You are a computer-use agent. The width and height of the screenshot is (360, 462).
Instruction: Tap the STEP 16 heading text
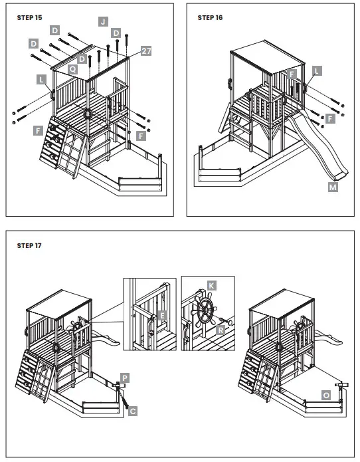pyautogui.click(x=210, y=17)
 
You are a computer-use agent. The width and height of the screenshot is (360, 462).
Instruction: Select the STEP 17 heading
pyautogui.click(x=29, y=245)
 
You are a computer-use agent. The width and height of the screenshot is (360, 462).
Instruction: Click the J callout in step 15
pyautogui.click(x=103, y=21)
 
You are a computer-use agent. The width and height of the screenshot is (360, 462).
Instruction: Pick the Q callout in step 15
pyautogui.click(x=72, y=68)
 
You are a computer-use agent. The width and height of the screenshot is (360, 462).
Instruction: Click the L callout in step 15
pyautogui.click(x=42, y=79)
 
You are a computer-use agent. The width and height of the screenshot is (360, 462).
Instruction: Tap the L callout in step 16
pyautogui.click(x=316, y=70)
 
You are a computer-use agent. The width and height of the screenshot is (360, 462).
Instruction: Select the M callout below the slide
pyautogui.click(x=332, y=188)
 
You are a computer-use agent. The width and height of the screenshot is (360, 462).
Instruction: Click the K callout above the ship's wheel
pyautogui.click(x=211, y=285)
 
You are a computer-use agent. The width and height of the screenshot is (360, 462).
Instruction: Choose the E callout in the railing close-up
pyautogui.click(x=163, y=316)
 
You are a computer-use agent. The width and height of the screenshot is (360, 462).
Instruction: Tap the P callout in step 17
pyautogui.click(x=124, y=377)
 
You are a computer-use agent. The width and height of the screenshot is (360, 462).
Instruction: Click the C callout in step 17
pyautogui.click(x=132, y=412)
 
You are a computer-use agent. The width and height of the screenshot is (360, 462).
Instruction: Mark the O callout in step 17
pyautogui.click(x=325, y=395)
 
